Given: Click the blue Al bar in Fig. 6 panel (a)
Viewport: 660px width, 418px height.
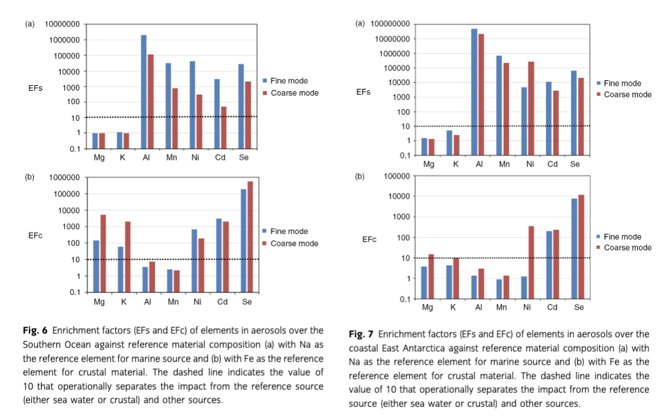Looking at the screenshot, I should point(144,92).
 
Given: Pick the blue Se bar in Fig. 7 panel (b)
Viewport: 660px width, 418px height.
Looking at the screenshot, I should point(574,248).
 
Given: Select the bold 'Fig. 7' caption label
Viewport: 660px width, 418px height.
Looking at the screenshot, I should point(361,334).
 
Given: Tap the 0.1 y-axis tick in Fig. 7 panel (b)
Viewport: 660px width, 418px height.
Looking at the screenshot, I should point(405,299).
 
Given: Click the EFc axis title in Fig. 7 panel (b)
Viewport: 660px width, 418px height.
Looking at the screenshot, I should point(369,240).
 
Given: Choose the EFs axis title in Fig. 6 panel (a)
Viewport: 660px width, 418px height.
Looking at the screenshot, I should point(36,88).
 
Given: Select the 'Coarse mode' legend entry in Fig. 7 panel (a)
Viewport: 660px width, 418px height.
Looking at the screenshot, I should point(628,94).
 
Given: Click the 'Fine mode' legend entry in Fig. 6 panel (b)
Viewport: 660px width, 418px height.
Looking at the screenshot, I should point(289,231).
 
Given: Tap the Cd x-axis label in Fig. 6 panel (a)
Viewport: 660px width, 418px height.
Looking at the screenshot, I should point(220,158).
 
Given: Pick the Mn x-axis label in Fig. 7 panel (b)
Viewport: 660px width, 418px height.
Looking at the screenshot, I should point(501,308).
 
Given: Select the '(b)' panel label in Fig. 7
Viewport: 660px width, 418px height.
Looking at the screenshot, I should point(360,177).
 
